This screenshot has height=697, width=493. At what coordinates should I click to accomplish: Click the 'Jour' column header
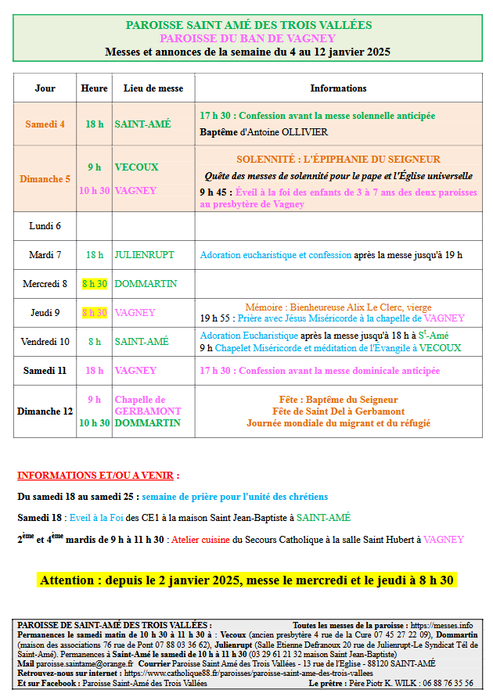tap(45, 88)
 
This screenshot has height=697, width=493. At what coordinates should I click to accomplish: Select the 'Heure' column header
tap(95, 88)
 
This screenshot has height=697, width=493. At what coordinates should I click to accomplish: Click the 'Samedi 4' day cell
tap(45, 124)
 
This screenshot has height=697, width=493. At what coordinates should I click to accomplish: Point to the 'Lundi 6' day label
tap(45, 226)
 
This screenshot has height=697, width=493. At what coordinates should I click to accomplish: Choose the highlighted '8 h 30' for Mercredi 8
tap(95, 284)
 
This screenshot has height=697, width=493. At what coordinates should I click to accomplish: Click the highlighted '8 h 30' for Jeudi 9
tap(95, 312)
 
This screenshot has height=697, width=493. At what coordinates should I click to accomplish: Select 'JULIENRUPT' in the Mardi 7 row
tap(145, 255)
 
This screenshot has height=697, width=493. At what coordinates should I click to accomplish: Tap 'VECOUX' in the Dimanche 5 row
tap(136, 167)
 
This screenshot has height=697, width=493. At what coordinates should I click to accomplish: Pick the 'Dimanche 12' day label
tap(45, 411)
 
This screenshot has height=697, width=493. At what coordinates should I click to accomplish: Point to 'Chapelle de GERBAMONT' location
tap(148, 405)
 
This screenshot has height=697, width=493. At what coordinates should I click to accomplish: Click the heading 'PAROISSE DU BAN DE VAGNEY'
tap(248, 38)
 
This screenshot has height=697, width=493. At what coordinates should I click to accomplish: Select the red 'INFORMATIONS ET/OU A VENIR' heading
tap(98, 475)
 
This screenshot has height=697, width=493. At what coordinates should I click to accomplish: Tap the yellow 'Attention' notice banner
tap(247, 580)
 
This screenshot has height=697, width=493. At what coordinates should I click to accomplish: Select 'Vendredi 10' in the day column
tap(45, 341)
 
